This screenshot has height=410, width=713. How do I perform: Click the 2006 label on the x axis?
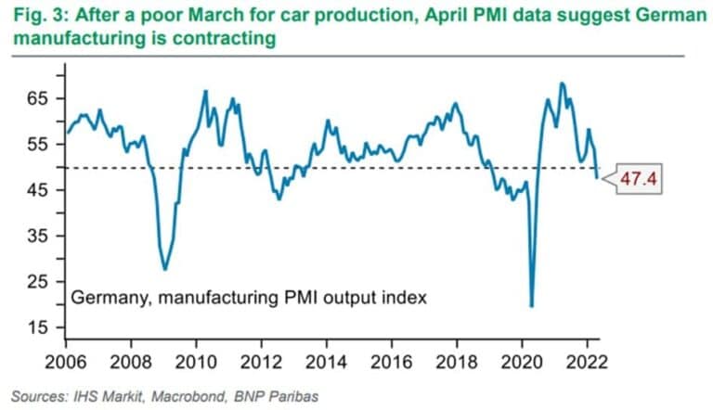tap(66, 360)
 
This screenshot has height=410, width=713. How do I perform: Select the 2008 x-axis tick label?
tap(131, 360)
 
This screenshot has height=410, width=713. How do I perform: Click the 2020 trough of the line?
tap(531, 305)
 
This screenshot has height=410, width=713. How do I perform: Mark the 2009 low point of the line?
tap(165, 269)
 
